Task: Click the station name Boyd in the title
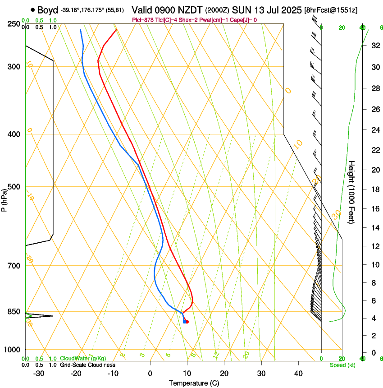click(x=47, y=10)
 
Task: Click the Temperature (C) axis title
click(x=194, y=383)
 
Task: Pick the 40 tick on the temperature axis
click(x=298, y=374)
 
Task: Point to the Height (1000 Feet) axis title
click(x=351, y=192)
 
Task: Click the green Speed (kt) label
click(x=342, y=365)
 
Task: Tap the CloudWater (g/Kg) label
click(x=83, y=358)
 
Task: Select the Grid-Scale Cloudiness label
click(x=87, y=365)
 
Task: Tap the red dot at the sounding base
click(x=187, y=322)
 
